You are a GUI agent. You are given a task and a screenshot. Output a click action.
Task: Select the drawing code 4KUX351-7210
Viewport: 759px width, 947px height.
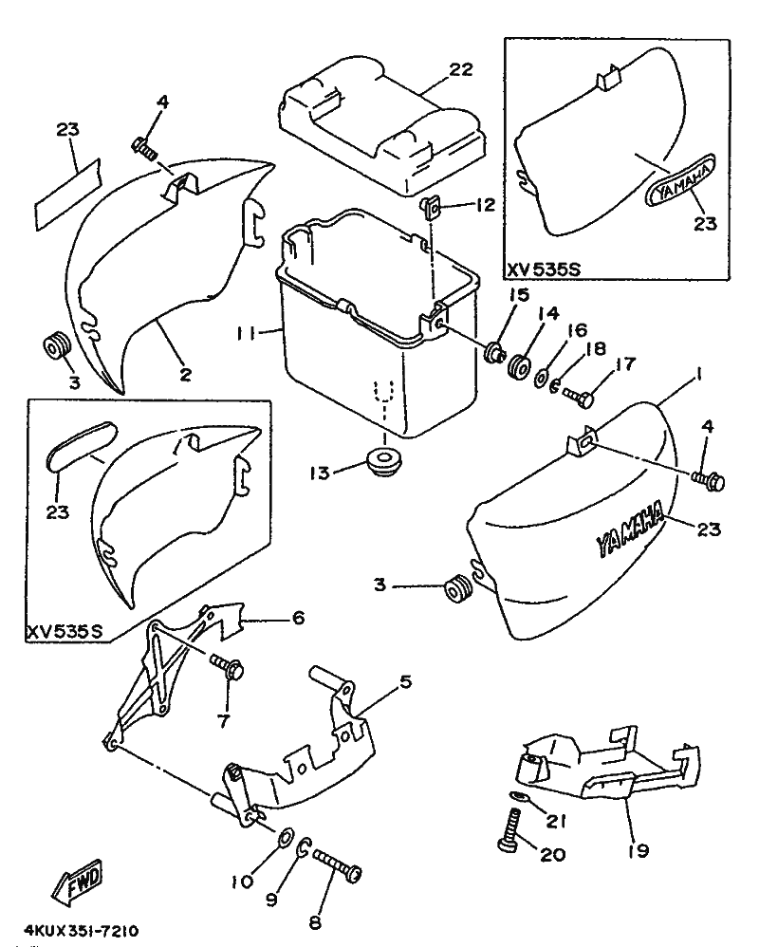tap(82, 931)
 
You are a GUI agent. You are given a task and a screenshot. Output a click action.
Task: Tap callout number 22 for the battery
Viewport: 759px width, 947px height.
tap(460, 69)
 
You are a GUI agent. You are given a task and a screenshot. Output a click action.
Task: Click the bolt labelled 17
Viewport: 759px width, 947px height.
tap(579, 397)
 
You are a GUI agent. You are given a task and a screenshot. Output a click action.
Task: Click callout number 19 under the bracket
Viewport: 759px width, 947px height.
tap(638, 850)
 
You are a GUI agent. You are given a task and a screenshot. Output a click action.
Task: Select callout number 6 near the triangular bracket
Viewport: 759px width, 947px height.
tap(298, 619)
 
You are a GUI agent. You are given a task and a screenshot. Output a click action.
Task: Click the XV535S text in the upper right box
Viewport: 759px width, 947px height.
tap(544, 269)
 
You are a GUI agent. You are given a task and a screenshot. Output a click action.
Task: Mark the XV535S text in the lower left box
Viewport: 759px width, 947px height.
tap(65, 632)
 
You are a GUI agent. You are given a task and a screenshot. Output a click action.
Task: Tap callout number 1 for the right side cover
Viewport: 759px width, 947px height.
tap(698, 375)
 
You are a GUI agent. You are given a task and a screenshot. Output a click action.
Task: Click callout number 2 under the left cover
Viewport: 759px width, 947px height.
tap(185, 375)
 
